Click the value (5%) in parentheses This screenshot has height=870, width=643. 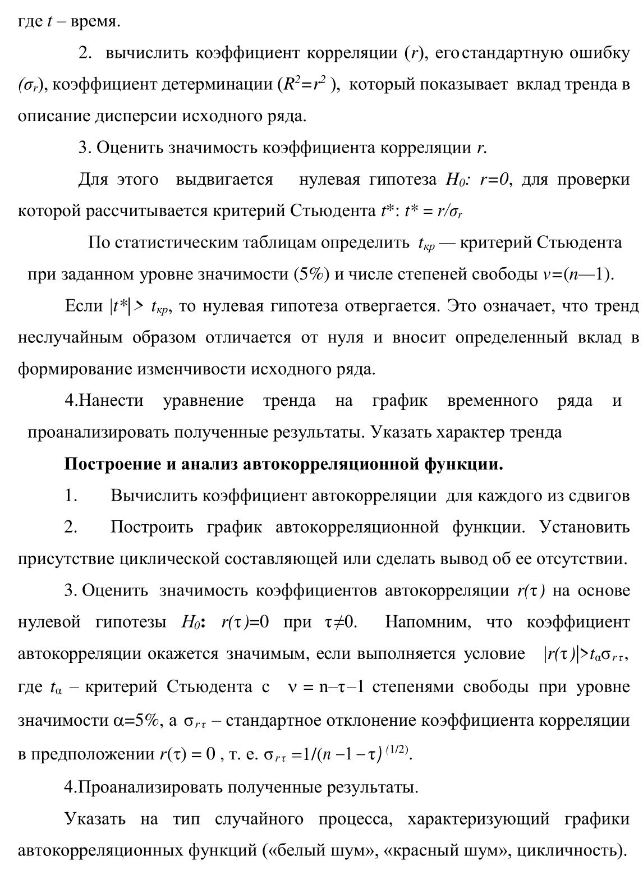[x=311, y=274]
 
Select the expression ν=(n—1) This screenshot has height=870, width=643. [x=578, y=274]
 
